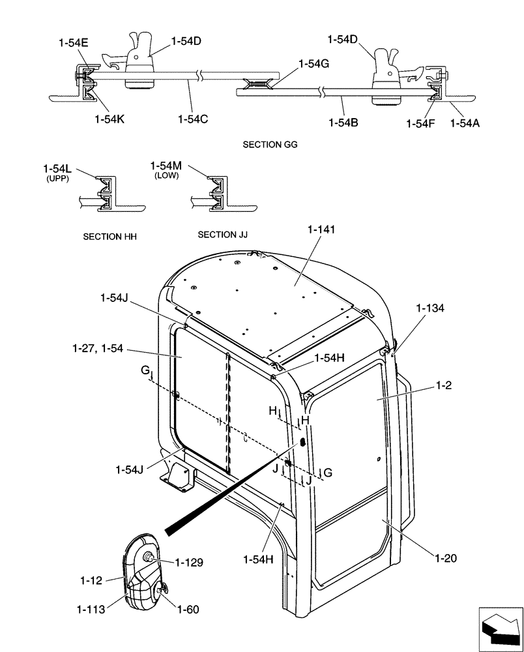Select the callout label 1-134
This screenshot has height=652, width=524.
(x=431, y=308)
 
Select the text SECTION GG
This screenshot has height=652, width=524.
(x=270, y=145)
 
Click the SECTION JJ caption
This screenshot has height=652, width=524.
(x=223, y=234)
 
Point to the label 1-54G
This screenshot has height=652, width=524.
(x=314, y=64)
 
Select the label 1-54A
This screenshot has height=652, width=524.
(x=465, y=121)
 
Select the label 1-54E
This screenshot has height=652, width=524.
(x=73, y=43)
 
